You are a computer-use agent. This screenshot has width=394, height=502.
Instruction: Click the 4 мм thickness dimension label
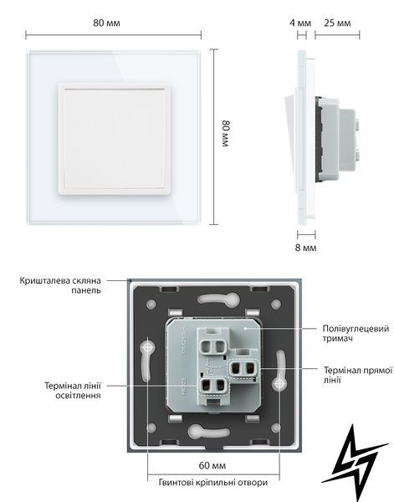tap(300, 23)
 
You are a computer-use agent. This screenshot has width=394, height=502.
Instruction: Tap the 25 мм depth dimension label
tap(337, 23)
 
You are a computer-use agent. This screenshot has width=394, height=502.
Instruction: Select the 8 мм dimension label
tap(305, 248)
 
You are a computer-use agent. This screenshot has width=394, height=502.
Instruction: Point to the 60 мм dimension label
tap(212, 465)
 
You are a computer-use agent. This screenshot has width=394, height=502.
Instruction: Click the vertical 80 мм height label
tap(227, 134)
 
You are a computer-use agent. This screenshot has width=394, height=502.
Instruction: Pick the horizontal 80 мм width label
tap(106, 23)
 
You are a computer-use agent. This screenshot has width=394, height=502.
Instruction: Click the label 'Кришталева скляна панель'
tap(60, 285)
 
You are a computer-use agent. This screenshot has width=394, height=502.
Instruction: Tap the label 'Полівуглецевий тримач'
tap(356, 333)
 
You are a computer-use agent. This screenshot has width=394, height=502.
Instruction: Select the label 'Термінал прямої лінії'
tap(358, 375)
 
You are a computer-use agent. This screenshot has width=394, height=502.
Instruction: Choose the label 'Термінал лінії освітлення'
tap(73, 390)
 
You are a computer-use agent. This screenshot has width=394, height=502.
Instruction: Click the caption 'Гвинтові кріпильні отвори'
tap(213, 482)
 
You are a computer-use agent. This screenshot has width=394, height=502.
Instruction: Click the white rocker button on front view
tap(115, 139)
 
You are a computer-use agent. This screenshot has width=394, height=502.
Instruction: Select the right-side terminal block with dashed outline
tap(244, 369)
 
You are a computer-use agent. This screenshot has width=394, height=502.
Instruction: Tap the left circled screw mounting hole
tap(147, 347)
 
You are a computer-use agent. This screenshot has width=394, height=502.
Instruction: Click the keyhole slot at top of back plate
tap(218, 299)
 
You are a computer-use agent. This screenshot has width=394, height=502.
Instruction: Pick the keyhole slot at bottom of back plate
tap(208, 432)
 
